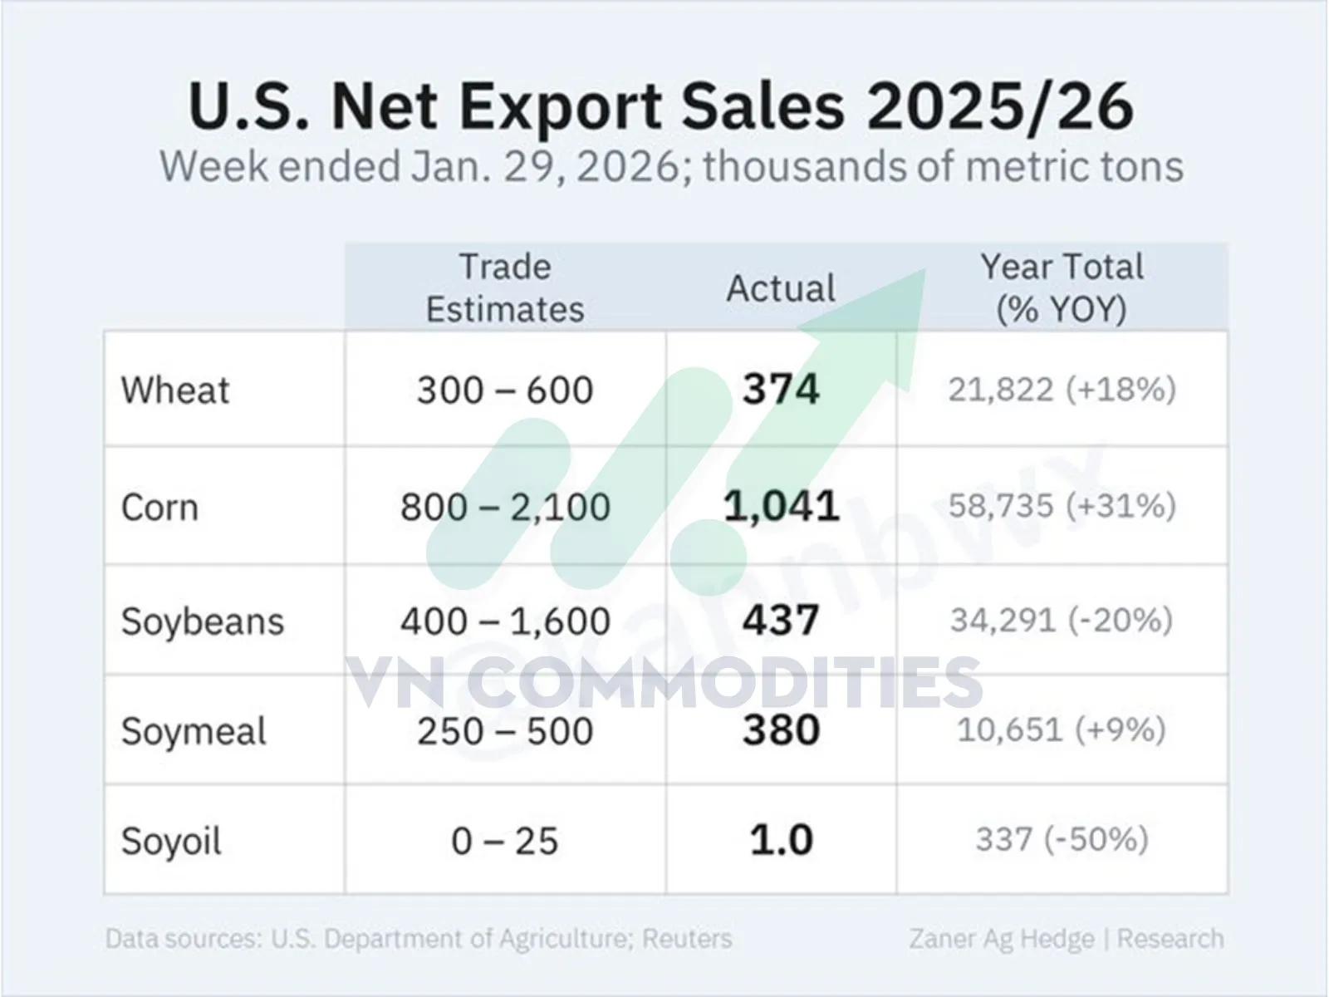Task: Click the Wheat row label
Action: tap(175, 390)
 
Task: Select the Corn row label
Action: tap(159, 507)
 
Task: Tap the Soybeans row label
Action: tap(203, 621)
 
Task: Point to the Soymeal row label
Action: tap(194, 731)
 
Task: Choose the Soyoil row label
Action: tap(171, 841)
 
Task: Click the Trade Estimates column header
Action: tap(505, 287)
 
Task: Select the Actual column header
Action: tap(781, 288)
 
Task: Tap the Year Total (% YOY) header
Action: tap(1062, 287)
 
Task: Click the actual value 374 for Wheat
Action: tap(781, 389)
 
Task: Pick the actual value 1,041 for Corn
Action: tap(781, 506)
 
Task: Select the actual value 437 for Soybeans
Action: tap(781, 621)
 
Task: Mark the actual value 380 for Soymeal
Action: tap(781, 730)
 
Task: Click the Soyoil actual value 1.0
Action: tap(781, 840)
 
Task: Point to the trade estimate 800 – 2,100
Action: tap(505, 507)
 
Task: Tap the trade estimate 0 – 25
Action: tap(505, 841)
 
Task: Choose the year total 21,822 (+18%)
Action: tap(1062, 389)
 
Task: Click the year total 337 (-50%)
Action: tap(1062, 839)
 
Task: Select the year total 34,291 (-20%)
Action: tap(1062, 620)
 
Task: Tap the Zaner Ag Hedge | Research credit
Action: tap(1067, 938)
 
